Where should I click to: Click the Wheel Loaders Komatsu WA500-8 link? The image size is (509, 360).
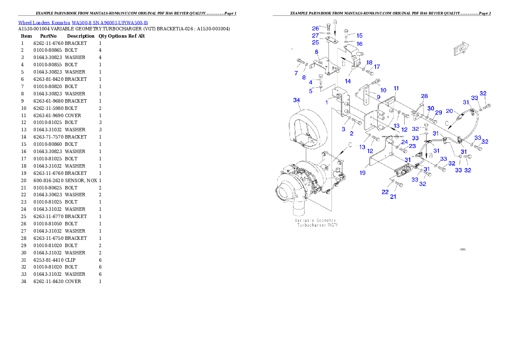point(83,23)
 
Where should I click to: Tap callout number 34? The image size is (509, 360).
point(296,100)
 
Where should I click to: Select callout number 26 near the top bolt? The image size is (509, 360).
point(315,28)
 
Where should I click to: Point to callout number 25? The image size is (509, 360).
point(315,42)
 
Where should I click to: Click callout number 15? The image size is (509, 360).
point(359,35)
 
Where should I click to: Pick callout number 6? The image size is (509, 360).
point(317,52)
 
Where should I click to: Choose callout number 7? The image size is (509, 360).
point(296,73)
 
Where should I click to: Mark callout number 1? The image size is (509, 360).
point(326,102)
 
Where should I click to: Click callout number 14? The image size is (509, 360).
point(348,81)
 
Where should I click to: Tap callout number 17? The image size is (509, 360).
point(376,67)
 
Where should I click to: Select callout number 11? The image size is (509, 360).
point(396,88)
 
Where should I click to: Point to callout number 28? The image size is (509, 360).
point(424,96)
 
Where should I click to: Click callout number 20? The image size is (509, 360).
point(449,111)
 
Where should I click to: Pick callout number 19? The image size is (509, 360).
point(362,173)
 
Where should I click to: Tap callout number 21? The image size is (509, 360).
point(393,197)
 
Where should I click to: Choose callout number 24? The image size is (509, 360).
point(404,142)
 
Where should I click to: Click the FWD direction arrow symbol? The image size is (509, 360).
point(461,50)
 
